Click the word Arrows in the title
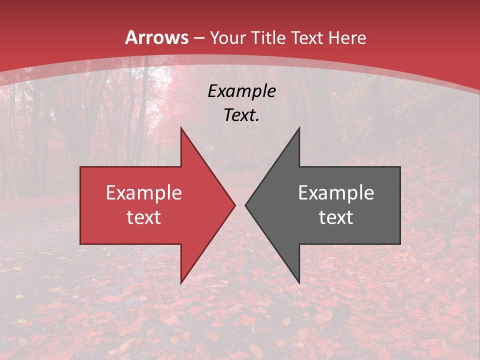tap(157, 37)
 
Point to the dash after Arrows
tap(199, 38)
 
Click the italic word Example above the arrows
tap(242, 91)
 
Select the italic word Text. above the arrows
tap(242, 115)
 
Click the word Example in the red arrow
tap(144, 193)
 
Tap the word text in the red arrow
tap(144, 217)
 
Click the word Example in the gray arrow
tap(336, 193)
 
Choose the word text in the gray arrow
tap(336, 217)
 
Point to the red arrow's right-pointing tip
tap(234, 205)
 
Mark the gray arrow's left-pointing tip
tap(245, 205)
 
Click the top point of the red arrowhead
tap(181, 128)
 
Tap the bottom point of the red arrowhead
tap(181, 283)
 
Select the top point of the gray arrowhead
tap(299, 128)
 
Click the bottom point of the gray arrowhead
tap(299, 283)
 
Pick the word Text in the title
tap(306, 37)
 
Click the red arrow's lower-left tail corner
tap(81, 243)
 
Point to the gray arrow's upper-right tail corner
tap(399, 167)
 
